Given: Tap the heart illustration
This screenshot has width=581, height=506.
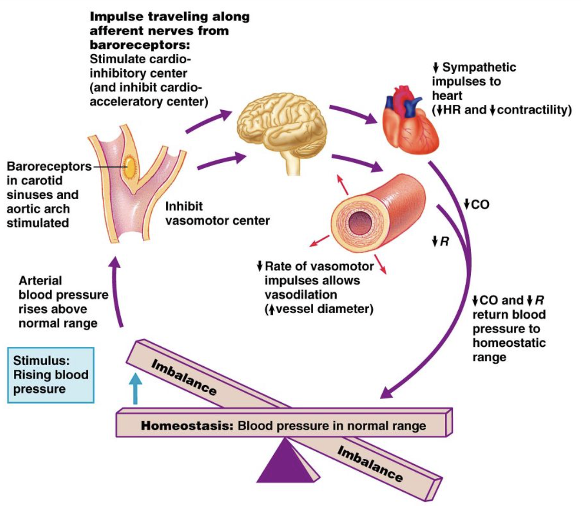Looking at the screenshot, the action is (410, 120).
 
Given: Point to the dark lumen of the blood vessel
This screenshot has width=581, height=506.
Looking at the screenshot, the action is (360, 223).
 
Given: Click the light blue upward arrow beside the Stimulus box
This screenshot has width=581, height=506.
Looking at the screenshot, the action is (135, 389).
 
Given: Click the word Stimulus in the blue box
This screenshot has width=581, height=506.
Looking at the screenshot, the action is (41, 361).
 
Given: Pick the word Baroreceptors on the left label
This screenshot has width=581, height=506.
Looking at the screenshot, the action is (49, 167).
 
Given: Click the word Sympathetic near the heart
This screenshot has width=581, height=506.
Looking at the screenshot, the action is (479, 68).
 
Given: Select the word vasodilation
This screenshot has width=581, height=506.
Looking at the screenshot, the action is (301, 295).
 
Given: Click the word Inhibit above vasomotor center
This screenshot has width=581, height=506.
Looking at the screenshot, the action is (184, 206).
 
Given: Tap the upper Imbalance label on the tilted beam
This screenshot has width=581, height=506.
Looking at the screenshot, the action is (184, 377).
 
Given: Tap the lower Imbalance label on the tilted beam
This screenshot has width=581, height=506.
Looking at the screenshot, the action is (370, 464).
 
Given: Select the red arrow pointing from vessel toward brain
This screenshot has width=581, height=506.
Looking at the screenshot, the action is (343, 185).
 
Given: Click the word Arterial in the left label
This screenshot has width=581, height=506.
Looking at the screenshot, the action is (40, 281).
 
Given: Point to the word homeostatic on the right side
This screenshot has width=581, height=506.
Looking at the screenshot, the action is (509, 343).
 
